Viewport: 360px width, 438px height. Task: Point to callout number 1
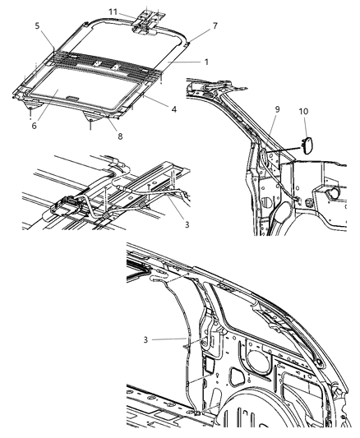click(206, 62)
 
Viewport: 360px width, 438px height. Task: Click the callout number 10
click(303, 109)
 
